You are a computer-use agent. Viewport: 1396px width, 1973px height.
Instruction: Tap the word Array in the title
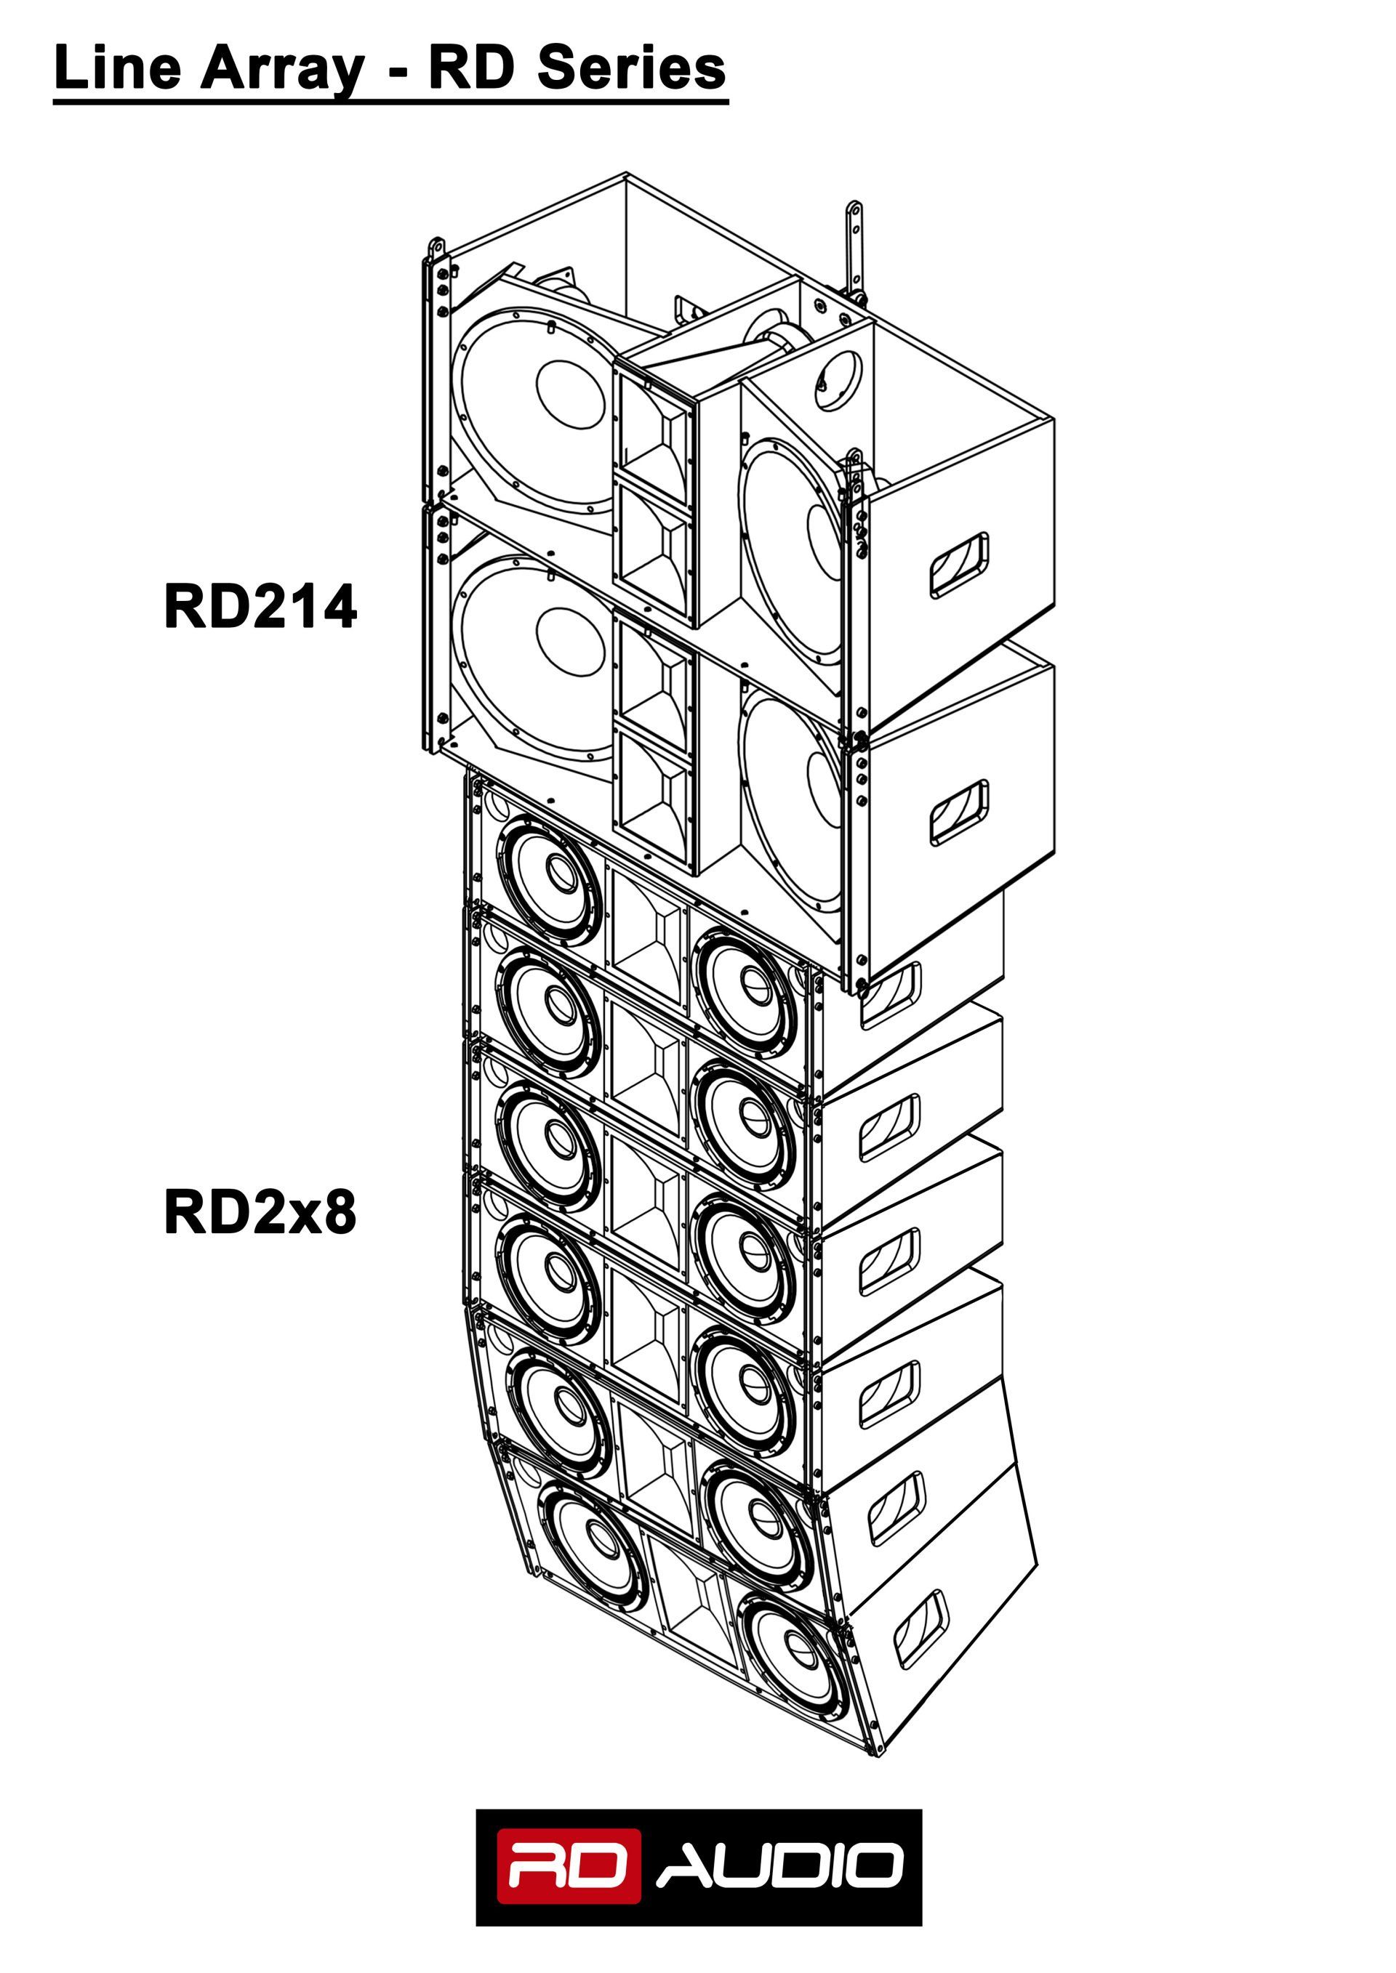(x=282, y=69)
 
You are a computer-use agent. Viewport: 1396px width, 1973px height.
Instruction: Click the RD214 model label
(x=260, y=607)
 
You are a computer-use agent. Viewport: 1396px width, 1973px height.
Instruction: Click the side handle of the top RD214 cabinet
(x=958, y=565)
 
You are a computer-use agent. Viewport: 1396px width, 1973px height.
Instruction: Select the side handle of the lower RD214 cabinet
(x=958, y=812)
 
